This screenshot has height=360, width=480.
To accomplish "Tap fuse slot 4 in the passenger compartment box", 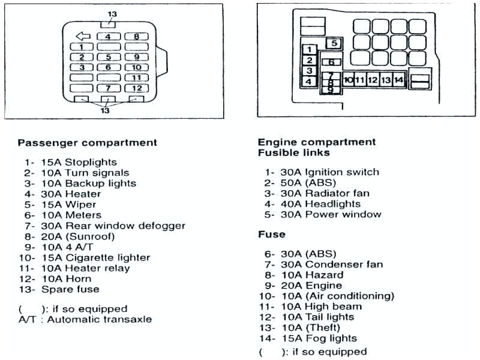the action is coord(109,37).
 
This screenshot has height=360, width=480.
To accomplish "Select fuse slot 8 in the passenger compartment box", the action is coord(137,37).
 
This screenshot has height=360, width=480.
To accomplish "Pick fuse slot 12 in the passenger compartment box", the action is coord(137,88).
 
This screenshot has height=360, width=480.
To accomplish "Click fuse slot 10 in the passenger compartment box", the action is coord(137,67).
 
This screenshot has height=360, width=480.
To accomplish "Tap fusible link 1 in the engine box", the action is coord(308,49).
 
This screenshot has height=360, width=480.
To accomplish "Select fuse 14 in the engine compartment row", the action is coord(399,79).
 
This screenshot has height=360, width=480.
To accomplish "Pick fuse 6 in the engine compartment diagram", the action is coord(331,62).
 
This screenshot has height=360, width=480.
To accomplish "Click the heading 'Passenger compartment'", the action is coord(87,143).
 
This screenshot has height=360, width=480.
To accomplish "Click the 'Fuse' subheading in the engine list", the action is coord(271,234).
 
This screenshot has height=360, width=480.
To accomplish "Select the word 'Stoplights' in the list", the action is coord(91,162).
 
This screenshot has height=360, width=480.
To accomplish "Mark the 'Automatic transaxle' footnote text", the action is coord(100,319).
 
